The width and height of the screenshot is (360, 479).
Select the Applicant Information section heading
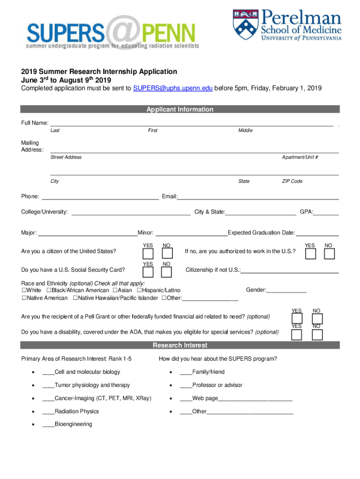point(180,109)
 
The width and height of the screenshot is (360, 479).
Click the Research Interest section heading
point(180,346)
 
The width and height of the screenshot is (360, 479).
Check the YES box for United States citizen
point(148,254)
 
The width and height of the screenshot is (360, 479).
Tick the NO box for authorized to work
point(329,254)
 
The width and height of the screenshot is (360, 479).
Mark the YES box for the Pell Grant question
point(296,319)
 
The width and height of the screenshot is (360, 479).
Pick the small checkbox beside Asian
point(115,291)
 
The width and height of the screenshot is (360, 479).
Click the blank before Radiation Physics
point(48,412)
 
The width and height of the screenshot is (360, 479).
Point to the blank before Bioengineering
point(48,425)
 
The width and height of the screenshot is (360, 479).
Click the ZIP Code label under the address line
point(292,181)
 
